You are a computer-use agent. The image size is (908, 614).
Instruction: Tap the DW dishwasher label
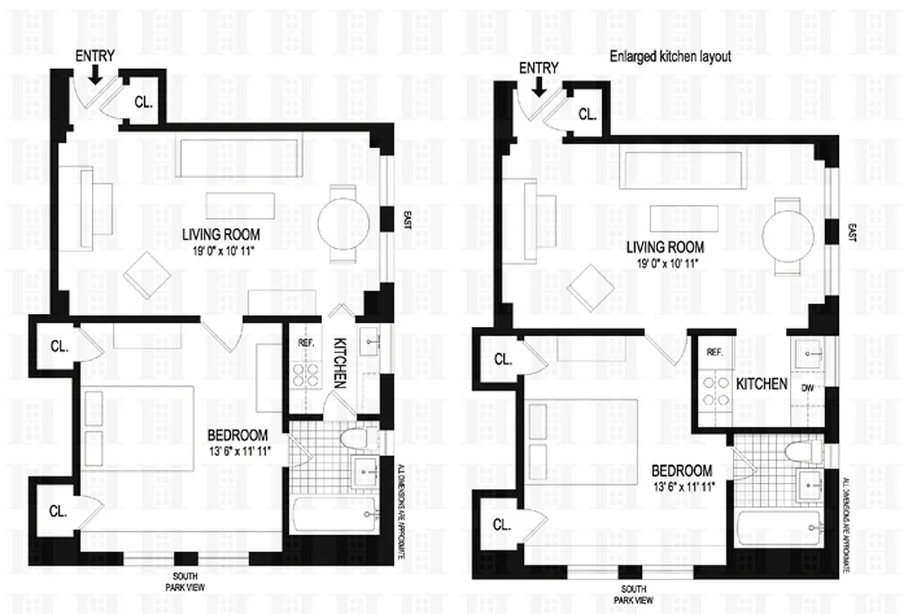(806, 388)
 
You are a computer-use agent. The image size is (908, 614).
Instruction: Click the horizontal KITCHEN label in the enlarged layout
(762, 383)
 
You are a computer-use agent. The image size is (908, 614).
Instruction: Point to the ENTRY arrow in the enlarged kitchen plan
(538, 86)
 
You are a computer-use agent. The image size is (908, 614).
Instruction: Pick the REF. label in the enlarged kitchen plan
(716, 352)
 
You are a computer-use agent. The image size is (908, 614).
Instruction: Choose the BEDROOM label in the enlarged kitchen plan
(682, 470)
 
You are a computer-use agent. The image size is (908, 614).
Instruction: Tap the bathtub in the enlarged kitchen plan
(778, 530)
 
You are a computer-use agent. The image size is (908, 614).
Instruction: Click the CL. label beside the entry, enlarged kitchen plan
(587, 114)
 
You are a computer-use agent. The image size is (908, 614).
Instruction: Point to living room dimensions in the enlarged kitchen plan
(665, 262)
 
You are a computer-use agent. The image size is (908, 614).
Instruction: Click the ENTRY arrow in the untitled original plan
(94, 74)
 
